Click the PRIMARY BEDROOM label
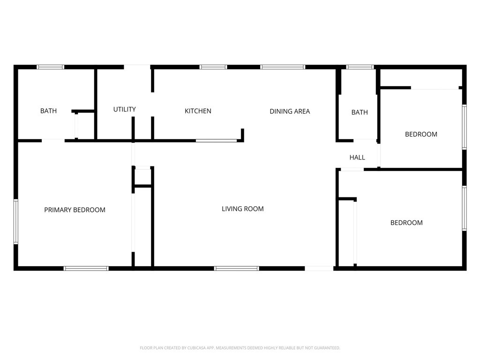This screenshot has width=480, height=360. click(75, 210)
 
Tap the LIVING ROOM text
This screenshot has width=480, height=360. click(242, 209)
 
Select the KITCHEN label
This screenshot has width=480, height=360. click(198, 111)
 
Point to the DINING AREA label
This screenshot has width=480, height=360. click(290, 111)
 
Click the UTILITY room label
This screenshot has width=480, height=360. click(124, 109)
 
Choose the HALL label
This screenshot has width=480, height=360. click(357, 157)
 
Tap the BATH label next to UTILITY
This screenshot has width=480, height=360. click(48, 111)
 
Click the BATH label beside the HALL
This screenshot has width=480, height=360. click(360, 112)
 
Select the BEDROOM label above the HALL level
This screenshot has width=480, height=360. click(421, 134)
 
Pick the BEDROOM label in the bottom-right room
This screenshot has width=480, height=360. click(406, 223)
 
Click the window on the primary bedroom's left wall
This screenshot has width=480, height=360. click(15, 222)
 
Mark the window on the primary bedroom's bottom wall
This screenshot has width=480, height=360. click(86, 269)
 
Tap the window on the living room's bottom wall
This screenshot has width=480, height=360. click(237, 269)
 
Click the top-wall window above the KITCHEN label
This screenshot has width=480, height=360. click(213, 67)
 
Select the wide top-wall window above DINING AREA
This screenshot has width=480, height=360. click(283, 67)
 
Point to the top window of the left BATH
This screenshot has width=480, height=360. click(51, 67)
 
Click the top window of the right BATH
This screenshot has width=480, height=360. click(360, 67)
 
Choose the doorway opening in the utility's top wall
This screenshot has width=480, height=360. click(137, 67)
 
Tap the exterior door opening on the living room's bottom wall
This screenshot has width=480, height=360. click(319, 269)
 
